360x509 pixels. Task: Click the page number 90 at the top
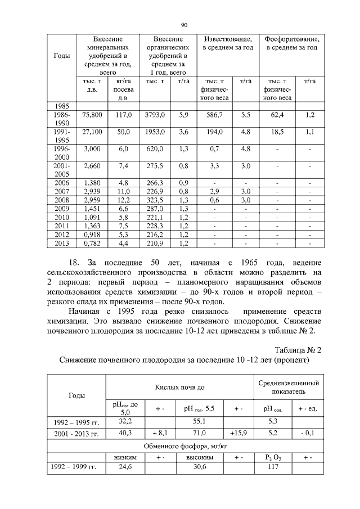(184, 25)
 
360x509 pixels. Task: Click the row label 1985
(61, 105)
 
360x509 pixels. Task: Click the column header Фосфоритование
(291, 44)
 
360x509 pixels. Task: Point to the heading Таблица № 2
(295, 350)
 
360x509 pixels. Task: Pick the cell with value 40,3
(126, 433)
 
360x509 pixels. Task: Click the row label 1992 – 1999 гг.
(75, 466)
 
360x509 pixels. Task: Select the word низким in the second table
(125, 457)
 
